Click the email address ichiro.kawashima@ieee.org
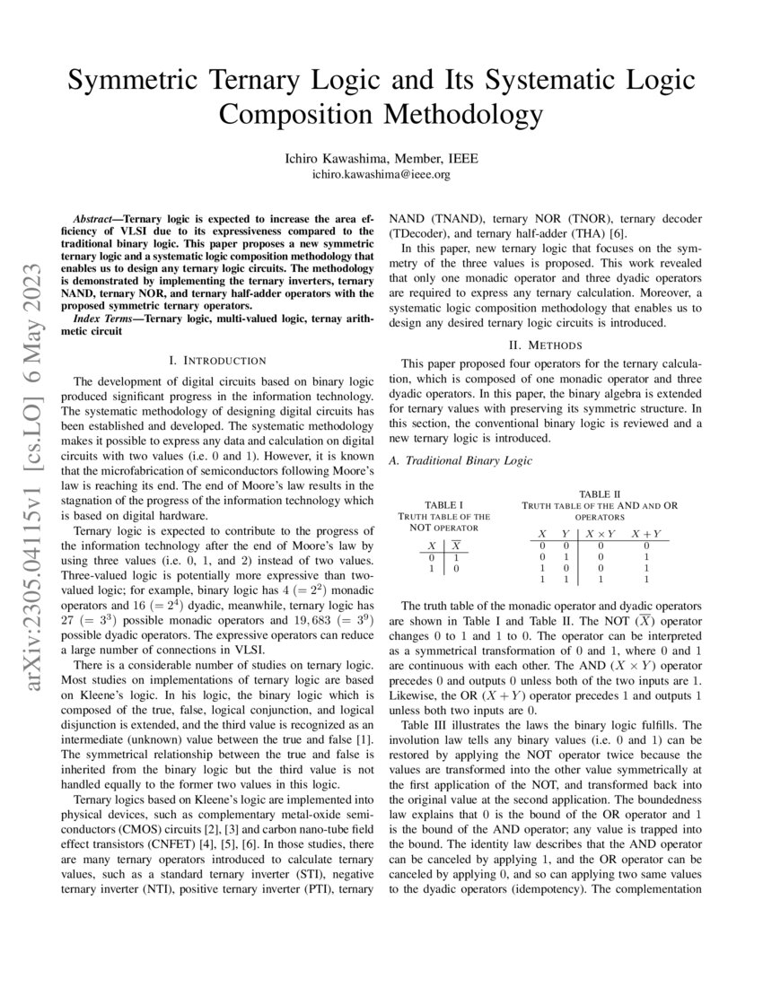click(x=381, y=174)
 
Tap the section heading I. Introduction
click(x=217, y=360)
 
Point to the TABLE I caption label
click(x=443, y=505)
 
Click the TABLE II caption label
click(x=600, y=494)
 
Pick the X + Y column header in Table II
click(x=645, y=534)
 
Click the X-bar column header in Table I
click(x=456, y=546)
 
